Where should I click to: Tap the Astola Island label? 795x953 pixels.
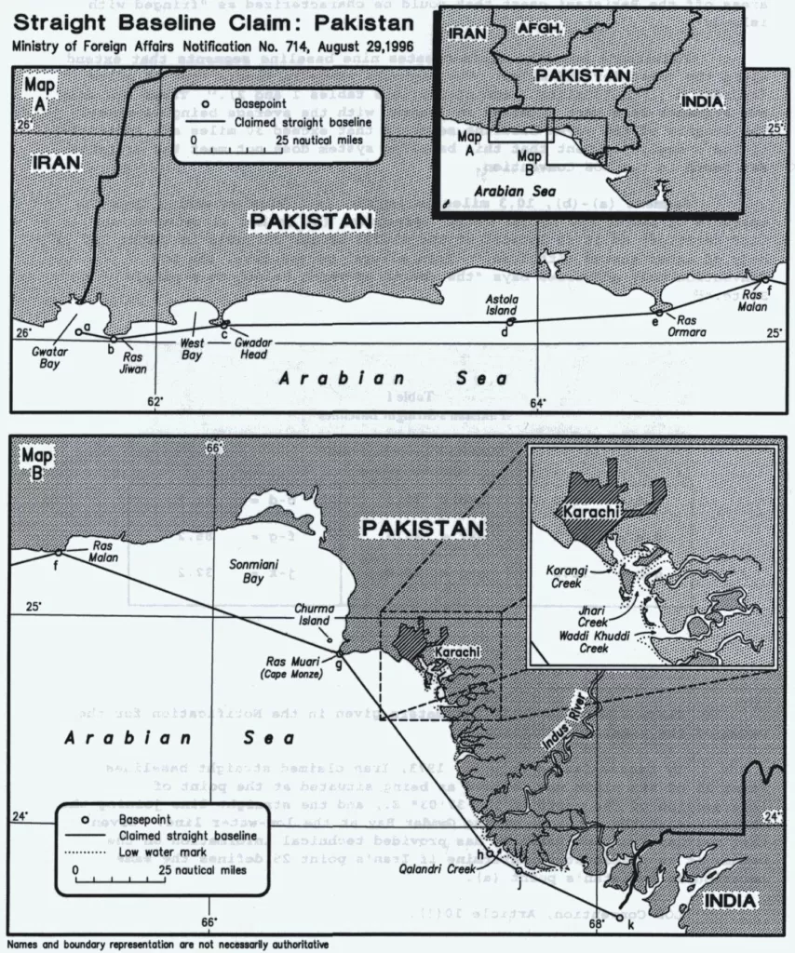[x=500, y=305]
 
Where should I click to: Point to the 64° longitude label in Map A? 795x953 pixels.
[x=538, y=402]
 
